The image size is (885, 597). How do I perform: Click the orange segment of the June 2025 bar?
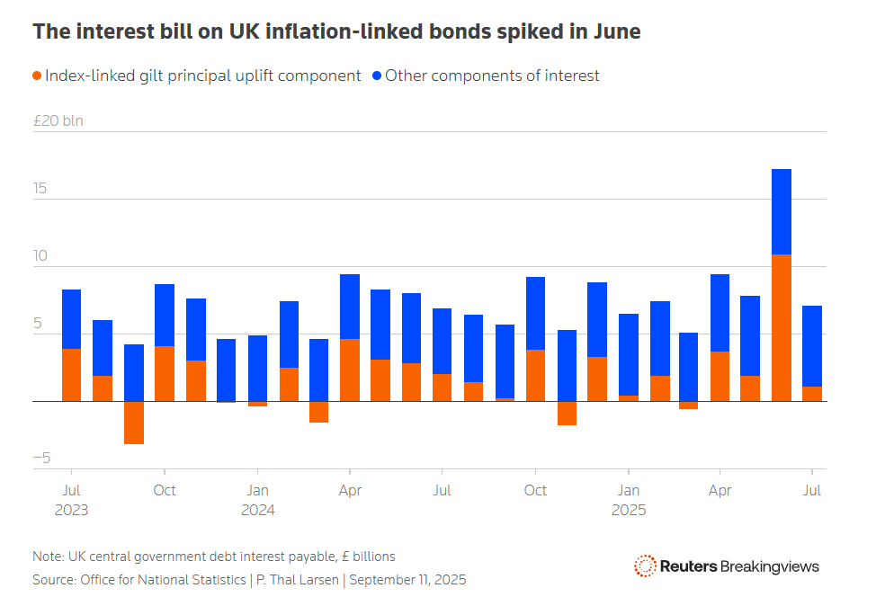click(782, 327)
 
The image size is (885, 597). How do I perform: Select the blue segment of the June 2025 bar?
click(782, 211)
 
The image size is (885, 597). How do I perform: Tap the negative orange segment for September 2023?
click(134, 422)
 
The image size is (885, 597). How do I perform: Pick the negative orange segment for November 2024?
click(567, 413)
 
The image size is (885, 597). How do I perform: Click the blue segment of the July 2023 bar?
click(72, 318)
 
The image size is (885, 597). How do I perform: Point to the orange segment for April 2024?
click(350, 370)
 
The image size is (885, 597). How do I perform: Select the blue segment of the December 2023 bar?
click(227, 370)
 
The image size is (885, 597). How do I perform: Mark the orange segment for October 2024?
click(535, 375)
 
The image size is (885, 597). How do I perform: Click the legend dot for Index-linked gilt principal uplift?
click(37, 76)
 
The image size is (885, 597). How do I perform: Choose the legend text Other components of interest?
click(492, 76)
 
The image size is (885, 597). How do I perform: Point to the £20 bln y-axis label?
click(58, 120)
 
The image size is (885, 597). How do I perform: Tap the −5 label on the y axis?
click(40, 458)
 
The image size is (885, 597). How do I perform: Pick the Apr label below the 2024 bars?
click(350, 490)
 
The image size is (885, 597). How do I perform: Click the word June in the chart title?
click(615, 31)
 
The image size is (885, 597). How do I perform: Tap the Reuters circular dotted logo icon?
click(644, 566)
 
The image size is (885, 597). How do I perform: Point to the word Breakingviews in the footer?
click(770, 566)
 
